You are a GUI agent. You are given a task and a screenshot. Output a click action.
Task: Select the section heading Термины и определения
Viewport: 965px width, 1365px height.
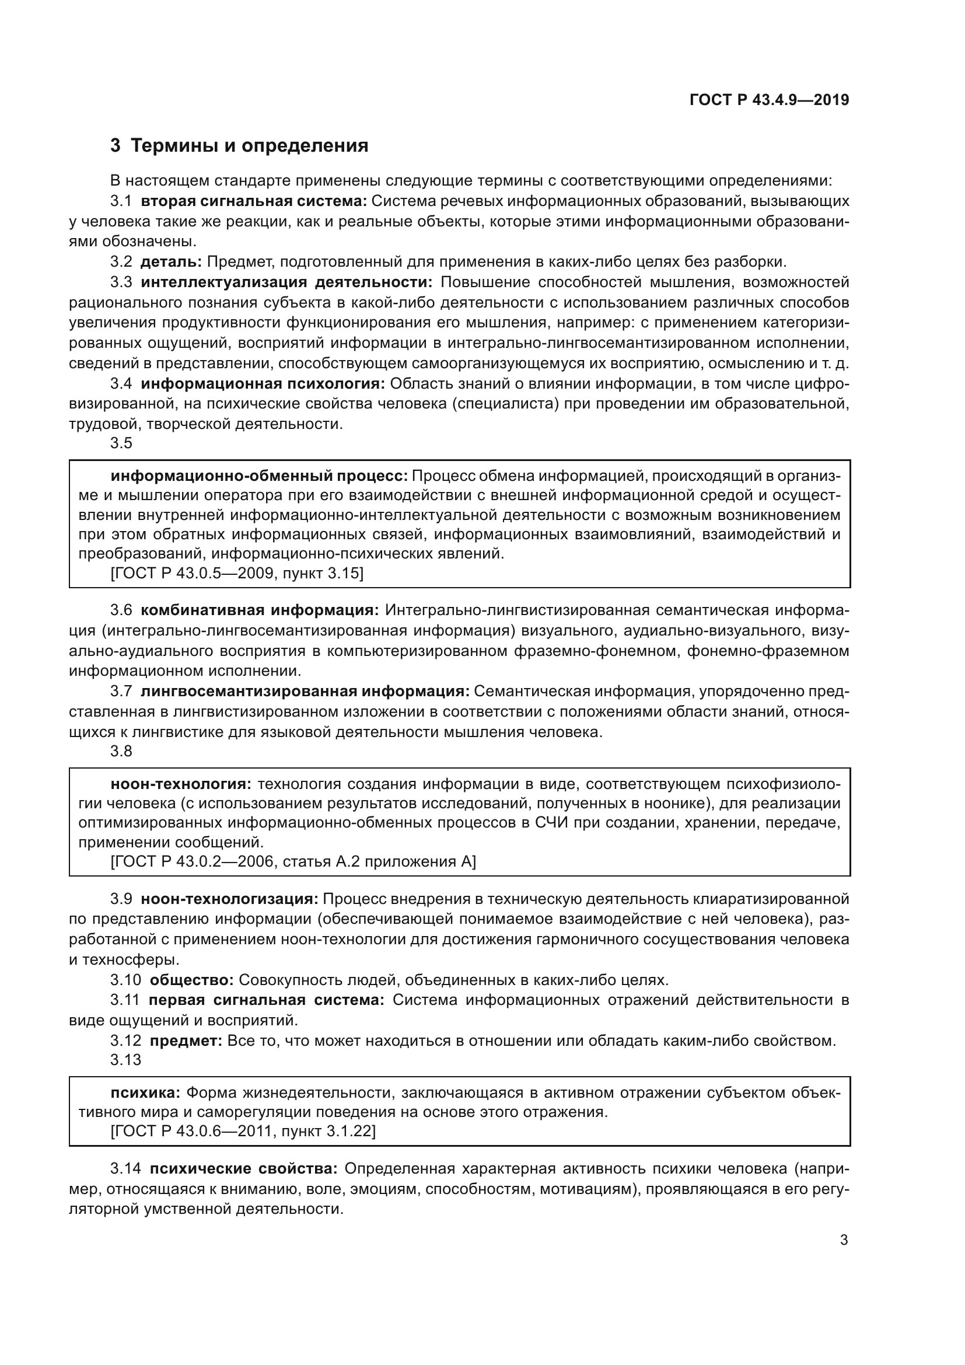pos(249,146)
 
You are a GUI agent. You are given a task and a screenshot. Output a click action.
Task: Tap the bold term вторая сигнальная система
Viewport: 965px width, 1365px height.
pos(254,201)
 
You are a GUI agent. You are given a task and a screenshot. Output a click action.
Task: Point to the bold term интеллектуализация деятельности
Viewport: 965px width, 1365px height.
pos(286,282)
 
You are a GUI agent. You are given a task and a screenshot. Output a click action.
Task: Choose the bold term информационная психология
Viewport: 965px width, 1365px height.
pos(263,383)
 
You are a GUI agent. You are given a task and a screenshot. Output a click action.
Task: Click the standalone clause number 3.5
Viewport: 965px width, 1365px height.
pos(121,444)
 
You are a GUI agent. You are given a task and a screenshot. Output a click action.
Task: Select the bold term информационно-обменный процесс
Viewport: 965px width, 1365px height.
pos(259,476)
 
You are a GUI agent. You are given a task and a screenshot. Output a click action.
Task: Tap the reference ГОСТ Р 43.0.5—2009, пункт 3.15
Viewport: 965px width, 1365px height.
pos(237,573)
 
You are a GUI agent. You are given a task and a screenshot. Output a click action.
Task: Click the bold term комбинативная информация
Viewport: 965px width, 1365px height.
pos(260,610)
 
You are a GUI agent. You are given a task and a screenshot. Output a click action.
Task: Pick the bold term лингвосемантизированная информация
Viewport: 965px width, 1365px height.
pos(305,692)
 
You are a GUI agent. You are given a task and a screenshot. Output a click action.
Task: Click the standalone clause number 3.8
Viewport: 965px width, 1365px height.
pos(121,752)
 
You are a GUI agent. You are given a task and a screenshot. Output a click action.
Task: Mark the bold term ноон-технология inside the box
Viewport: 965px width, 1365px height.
pos(181,784)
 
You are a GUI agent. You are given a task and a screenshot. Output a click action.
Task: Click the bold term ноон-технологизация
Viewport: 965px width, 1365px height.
pos(229,899)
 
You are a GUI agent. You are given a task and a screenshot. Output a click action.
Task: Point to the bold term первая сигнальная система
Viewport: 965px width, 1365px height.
pos(266,1000)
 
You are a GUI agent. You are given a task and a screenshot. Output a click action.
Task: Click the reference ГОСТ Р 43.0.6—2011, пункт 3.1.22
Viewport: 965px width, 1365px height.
pos(243,1131)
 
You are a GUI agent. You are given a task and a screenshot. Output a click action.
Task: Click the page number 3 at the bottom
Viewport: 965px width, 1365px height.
pos(844,1240)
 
